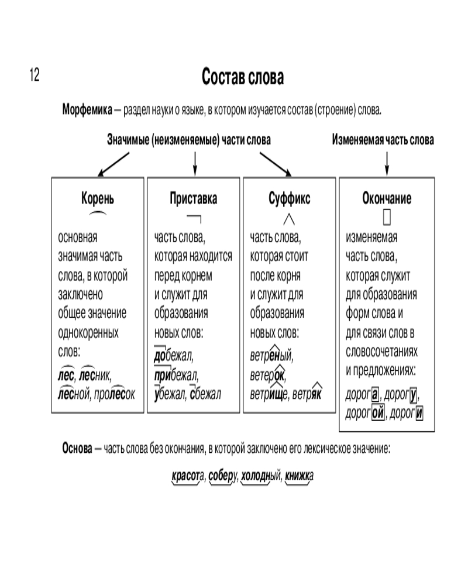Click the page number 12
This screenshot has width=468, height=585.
tap(33, 75)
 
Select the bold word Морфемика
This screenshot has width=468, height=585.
tap(88, 110)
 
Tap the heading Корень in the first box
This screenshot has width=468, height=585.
tap(98, 199)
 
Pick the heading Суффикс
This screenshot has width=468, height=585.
tap(289, 199)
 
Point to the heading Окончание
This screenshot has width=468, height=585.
tap(387, 199)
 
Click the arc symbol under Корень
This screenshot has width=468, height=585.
tap(98, 215)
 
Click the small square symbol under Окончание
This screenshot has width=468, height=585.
tap(387, 218)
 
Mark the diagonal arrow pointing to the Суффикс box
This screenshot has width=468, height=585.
tap(275, 164)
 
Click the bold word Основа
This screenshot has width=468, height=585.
tap(77, 449)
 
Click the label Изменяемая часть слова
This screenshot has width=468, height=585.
tap(383, 140)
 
